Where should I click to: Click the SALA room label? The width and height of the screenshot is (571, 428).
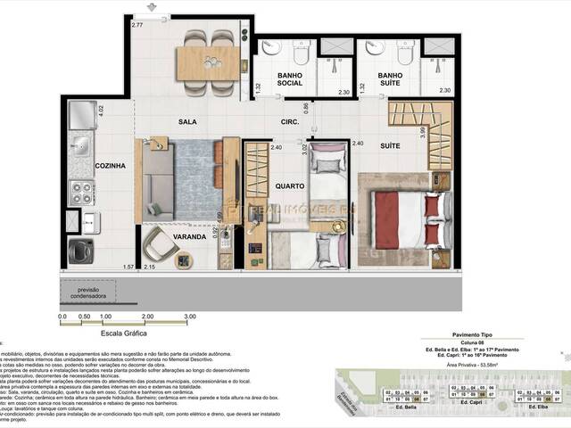(187, 121)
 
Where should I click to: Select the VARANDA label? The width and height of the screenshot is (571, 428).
(190, 237)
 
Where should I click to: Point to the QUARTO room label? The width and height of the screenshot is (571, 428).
(291, 186)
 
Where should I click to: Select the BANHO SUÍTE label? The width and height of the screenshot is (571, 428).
(391, 80)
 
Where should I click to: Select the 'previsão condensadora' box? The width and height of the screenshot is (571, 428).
(87, 292)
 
